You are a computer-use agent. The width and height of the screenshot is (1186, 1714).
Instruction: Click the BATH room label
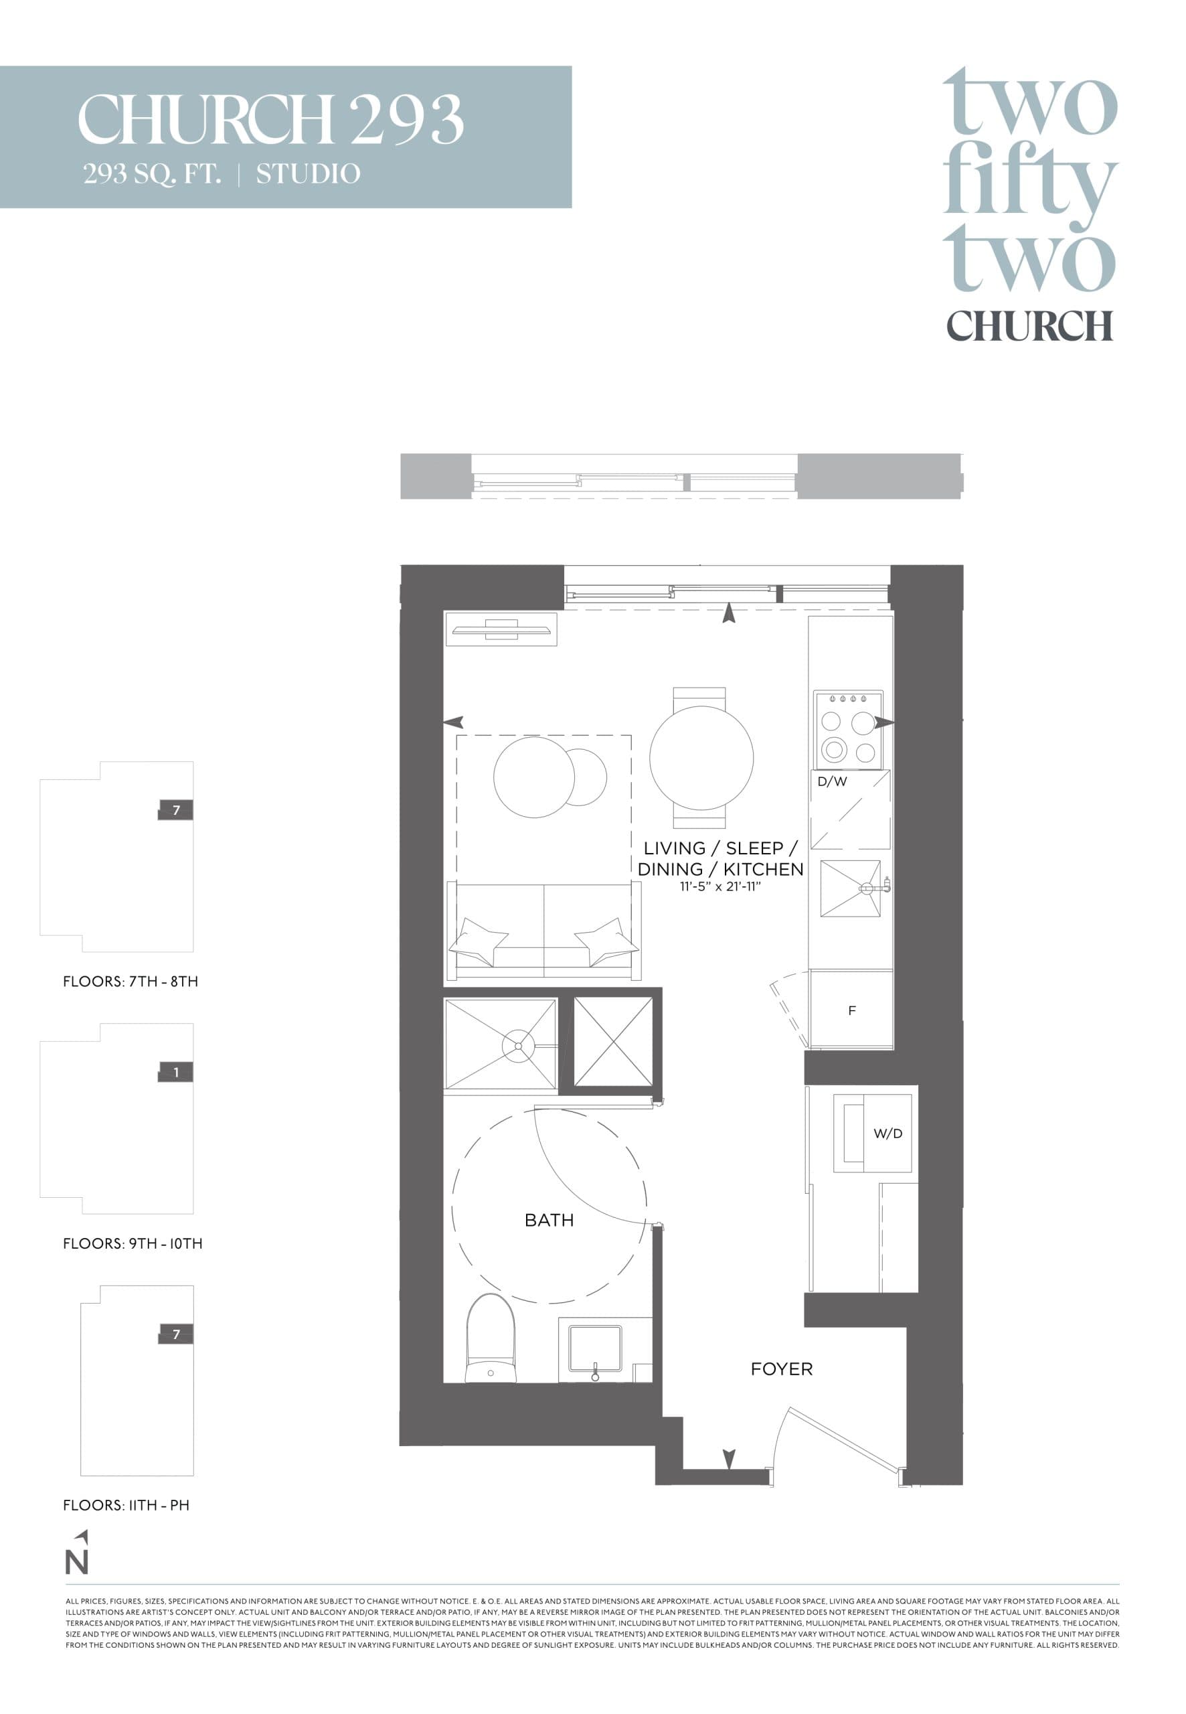[x=548, y=1220]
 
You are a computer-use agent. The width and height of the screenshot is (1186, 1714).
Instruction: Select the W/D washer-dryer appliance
[x=871, y=1133]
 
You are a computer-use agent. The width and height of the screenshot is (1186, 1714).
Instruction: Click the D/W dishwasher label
[x=831, y=781]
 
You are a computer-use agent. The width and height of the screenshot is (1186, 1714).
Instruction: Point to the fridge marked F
[x=851, y=1010]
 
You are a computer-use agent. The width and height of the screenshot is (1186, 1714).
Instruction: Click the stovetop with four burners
[x=848, y=730]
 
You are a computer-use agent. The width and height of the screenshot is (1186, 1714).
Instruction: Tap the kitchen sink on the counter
[x=850, y=888]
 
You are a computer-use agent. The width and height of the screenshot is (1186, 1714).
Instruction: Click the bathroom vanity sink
[x=594, y=1348]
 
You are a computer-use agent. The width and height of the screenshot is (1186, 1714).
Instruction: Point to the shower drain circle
[x=517, y=1046]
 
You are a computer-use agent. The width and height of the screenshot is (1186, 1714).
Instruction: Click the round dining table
[x=701, y=758]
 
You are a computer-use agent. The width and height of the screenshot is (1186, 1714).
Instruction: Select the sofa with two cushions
[x=543, y=932]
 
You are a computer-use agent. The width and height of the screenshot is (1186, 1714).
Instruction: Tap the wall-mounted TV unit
[x=501, y=630]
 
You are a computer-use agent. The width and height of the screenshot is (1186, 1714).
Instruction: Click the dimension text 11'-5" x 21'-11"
[x=720, y=886]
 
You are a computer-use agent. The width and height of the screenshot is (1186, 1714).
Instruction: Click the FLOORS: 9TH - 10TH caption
[x=133, y=1243]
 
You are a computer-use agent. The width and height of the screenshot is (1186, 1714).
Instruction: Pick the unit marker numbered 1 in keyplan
[x=175, y=1072]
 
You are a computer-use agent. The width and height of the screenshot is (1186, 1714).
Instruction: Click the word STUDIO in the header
[x=308, y=174]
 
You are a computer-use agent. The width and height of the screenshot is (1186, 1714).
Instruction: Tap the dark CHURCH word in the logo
[x=1029, y=325]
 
